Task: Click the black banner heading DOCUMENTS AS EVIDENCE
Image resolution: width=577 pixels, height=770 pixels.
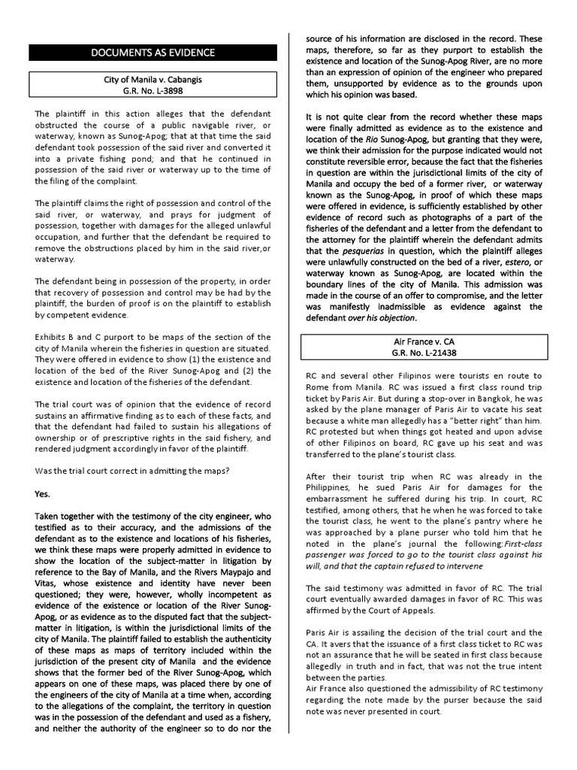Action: [153, 53]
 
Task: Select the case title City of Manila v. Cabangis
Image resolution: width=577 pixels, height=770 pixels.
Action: [153, 79]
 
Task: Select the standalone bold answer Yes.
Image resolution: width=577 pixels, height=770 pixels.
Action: [44, 494]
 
